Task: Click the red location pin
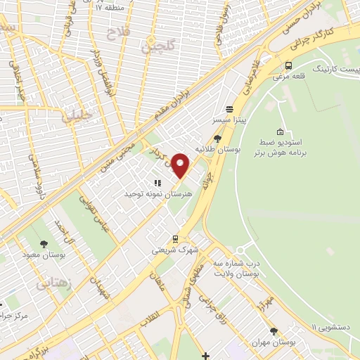pos(181,165)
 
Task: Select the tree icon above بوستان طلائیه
pos(218,138)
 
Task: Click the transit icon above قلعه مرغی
pos(288,65)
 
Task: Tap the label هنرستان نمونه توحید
pos(148,193)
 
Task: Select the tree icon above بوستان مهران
pos(274,330)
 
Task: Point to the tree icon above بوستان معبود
pos(44,243)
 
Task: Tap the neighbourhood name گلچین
pos(156,47)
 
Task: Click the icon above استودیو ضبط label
pos(281,131)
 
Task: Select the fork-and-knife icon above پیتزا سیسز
pos(229,109)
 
